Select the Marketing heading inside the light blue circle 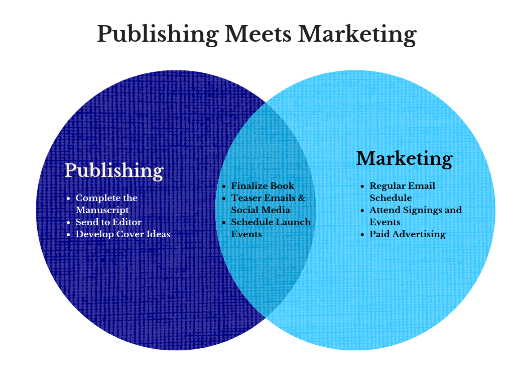(404, 158)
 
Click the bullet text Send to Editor (108, 222)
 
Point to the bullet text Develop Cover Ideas (123, 234)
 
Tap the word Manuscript (102, 210)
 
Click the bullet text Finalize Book (263, 186)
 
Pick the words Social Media (261, 210)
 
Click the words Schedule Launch (271, 222)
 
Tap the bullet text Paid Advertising (408, 234)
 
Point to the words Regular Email (403, 186)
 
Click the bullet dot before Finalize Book (224, 186)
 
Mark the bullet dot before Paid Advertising (362, 235)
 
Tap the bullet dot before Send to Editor (68, 223)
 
